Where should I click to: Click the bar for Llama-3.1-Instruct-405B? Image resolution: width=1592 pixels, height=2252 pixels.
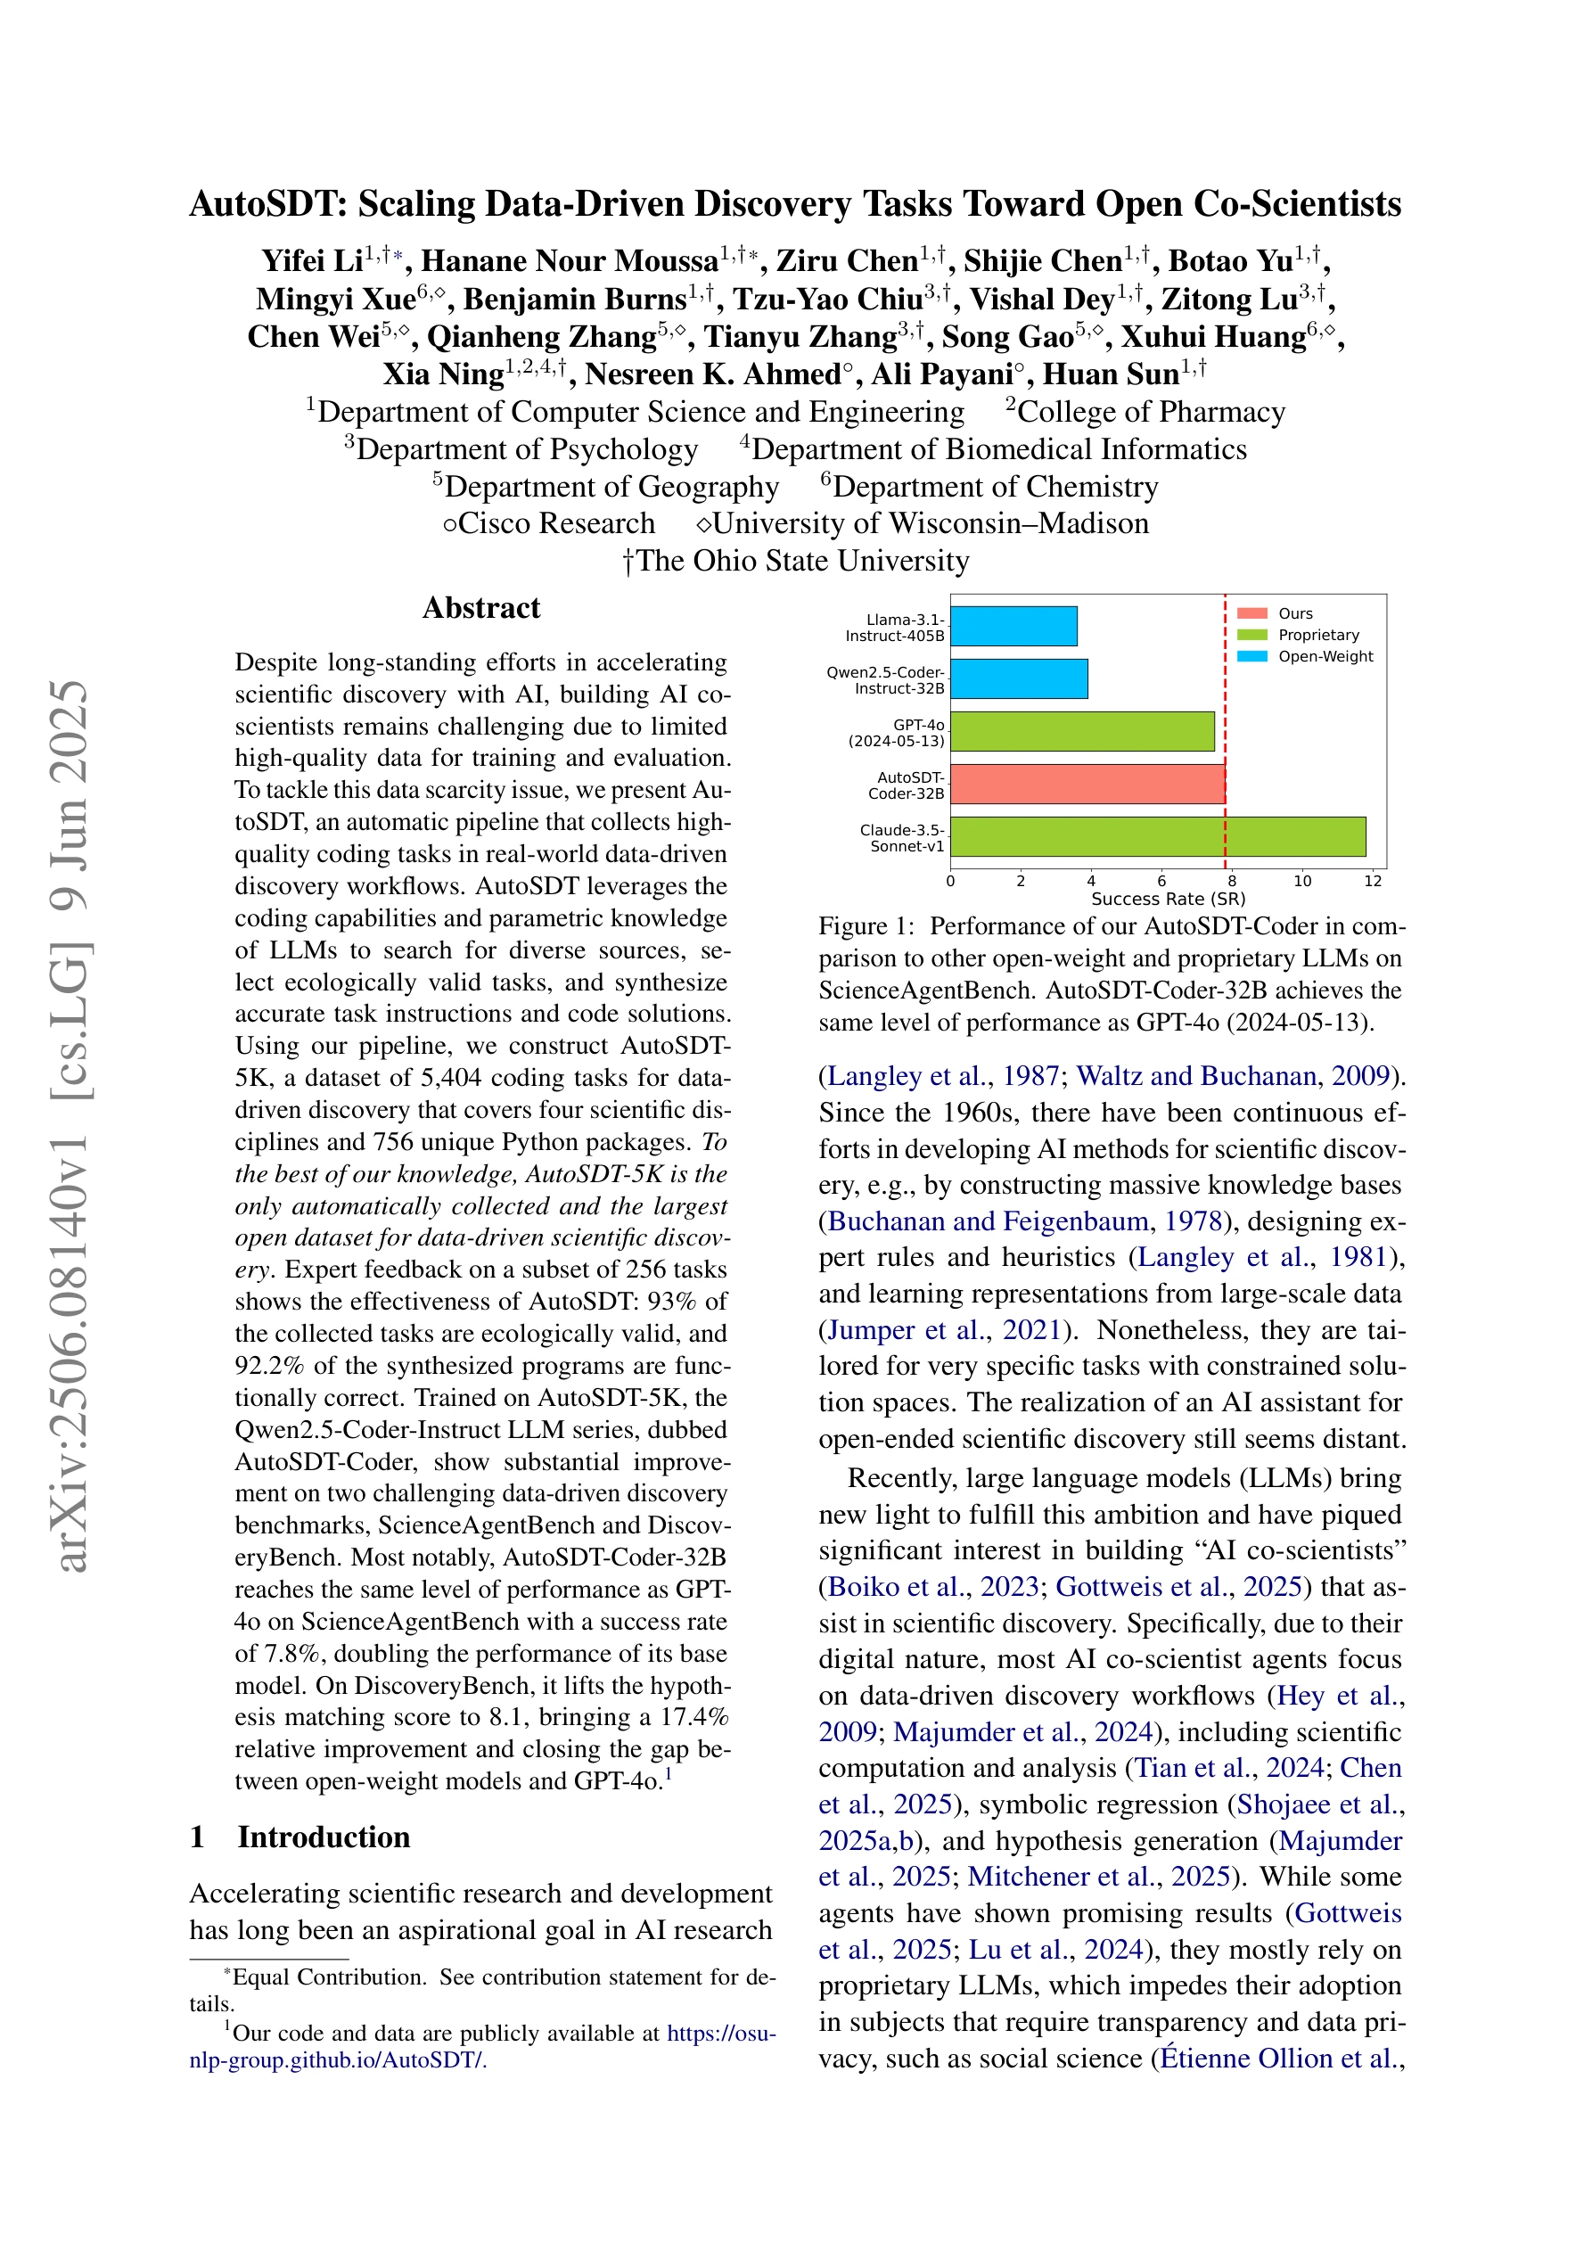coord(1013,626)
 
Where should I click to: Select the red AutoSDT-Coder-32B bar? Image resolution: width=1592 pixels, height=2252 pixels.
coord(1087,784)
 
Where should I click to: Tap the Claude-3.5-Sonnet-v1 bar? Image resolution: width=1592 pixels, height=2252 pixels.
coord(1158,835)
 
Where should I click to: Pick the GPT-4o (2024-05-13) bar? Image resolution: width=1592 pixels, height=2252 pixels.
coord(1082,731)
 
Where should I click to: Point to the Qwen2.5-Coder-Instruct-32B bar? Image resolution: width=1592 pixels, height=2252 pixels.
coord(1019,678)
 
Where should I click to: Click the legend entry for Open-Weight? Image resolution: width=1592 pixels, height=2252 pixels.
coord(1325,656)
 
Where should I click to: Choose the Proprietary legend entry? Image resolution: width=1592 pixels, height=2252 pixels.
coord(1317,635)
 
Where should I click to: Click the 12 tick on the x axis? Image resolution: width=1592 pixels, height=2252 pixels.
coord(1373,881)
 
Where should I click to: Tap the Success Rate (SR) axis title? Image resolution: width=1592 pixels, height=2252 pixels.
coord(1168,899)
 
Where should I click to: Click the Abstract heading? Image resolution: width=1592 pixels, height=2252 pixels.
coord(480,608)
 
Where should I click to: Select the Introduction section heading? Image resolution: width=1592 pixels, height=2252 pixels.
coord(323,1837)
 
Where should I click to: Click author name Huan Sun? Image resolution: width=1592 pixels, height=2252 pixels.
coord(1111,374)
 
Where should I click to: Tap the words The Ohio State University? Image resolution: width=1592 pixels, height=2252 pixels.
coord(801,561)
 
